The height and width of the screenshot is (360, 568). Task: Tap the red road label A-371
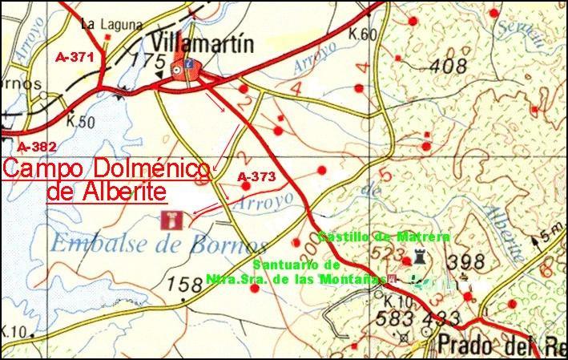(76, 58)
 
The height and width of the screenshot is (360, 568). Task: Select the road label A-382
(36, 146)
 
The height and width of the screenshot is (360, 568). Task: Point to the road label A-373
(257, 176)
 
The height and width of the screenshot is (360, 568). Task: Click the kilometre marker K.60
(363, 34)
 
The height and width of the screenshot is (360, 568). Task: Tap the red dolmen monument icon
(171, 219)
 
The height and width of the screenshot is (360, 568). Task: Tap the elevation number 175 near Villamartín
(147, 62)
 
